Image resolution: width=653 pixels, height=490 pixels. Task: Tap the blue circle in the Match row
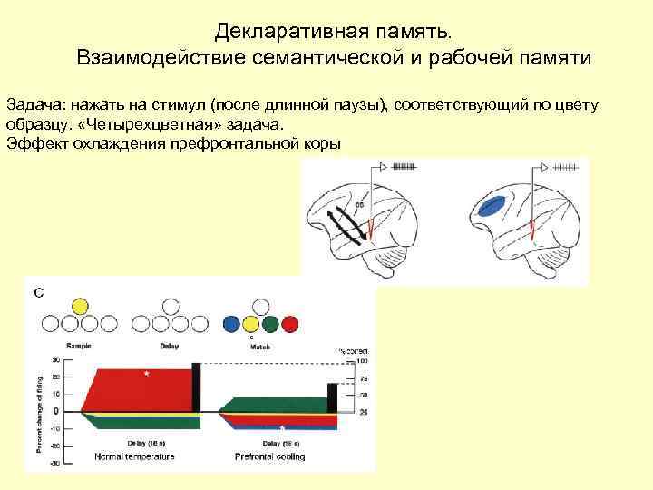[x=233, y=324]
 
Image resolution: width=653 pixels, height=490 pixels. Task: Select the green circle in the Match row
[x=271, y=324]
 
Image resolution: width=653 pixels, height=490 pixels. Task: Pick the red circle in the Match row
[x=252, y=324]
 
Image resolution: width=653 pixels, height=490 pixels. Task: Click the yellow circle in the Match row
[x=290, y=324]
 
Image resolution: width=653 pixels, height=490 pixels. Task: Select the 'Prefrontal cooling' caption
[x=269, y=456]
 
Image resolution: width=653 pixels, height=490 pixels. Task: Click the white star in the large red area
[x=146, y=373]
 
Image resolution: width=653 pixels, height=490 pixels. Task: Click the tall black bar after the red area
[x=197, y=387]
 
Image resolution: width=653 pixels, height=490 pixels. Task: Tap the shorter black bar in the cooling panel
[x=332, y=398]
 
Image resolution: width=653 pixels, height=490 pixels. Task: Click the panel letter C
[x=38, y=291]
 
